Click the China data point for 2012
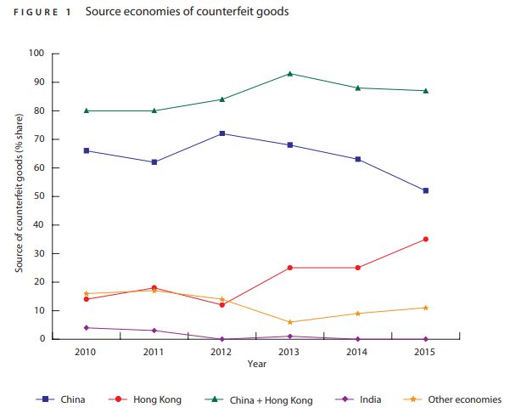tap(222, 133)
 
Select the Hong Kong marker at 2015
tap(425, 240)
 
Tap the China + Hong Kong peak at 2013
tap(290, 74)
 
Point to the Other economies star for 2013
tap(290, 322)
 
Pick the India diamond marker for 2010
tap(87, 327)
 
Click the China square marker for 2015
tap(425, 190)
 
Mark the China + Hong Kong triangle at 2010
tap(87, 110)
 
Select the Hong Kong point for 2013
tap(290, 268)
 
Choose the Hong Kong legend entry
tap(155, 399)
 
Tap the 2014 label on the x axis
tap(358, 352)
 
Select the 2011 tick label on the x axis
tap(154, 352)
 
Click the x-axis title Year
tap(256, 364)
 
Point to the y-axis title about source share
tap(18, 196)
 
